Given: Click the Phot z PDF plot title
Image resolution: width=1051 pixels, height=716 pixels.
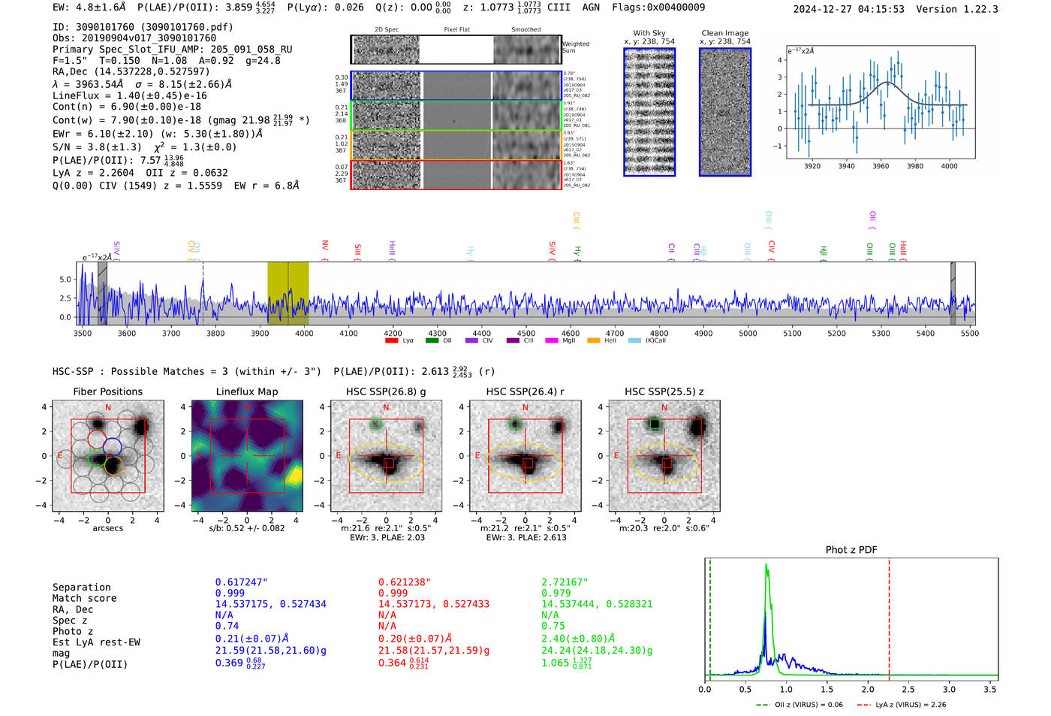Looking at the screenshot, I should pos(851,549).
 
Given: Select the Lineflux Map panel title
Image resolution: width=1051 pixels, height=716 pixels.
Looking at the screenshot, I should pos(246,391).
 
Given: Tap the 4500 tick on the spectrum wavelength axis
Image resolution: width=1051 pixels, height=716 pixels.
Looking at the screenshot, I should pos(525,333).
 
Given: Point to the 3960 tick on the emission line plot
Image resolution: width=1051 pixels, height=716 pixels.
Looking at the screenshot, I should pos(881,166).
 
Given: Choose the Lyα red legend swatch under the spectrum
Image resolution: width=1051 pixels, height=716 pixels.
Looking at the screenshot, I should pos(391,340).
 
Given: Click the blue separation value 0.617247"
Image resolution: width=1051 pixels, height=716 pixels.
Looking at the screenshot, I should pos(241,582).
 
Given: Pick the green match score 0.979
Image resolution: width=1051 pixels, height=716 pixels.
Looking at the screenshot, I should pos(556,593).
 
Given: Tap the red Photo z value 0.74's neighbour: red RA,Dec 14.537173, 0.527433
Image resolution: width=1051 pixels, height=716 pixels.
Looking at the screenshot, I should pos(433,604).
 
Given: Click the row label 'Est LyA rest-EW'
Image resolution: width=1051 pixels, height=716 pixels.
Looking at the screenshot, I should pos(96,642).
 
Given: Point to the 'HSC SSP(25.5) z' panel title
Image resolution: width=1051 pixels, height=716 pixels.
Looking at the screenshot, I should pos(664,391).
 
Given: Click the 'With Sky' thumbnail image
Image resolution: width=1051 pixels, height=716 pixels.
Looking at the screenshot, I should pos(649,112).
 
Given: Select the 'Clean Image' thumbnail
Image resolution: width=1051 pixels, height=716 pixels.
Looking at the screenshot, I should pos(725,112).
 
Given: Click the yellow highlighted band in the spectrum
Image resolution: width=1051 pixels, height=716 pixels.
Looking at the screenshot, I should pos(288,293).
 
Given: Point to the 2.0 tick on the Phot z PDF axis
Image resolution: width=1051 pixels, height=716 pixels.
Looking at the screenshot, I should pos(868,689).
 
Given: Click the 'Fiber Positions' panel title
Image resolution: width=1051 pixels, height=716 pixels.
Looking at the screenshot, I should pos(107,391).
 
